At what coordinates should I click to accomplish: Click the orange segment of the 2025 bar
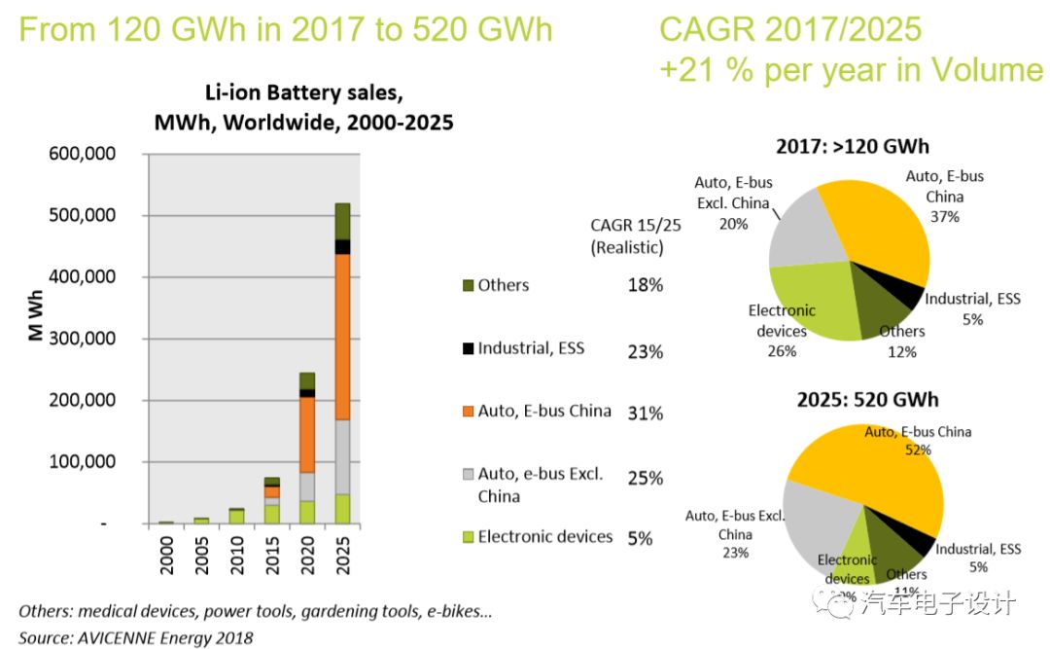point(343,337)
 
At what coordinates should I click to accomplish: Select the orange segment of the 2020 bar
point(307,435)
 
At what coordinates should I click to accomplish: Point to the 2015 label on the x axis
point(273,552)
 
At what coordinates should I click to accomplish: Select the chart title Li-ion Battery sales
point(303,95)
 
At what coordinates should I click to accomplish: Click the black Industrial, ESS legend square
point(467,347)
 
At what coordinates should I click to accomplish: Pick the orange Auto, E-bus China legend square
point(467,412)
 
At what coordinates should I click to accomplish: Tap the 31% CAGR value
point(645,414)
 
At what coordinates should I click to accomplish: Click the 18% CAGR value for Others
point(645,286)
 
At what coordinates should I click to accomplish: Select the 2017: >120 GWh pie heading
point(852,147)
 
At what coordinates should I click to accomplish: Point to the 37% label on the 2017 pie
point(944,217)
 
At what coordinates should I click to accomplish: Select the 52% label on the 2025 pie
point(918,450)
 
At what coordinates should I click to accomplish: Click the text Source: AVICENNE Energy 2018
point(136,637)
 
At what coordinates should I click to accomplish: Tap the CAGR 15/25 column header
point(627,236)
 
